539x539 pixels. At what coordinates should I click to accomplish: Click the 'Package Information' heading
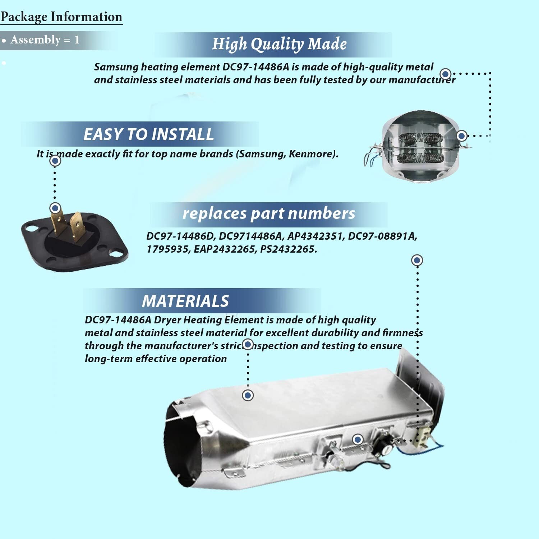click(61, 17)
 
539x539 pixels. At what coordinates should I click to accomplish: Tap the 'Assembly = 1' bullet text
click(45, 40)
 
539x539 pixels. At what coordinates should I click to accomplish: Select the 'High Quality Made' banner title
click(279, 44)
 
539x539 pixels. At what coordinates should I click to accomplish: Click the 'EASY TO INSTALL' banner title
click(148, 134)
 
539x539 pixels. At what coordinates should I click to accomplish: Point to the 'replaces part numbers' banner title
click(269, 213)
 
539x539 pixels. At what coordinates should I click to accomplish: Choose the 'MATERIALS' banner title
click(185, 301)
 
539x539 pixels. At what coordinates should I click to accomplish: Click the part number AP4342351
click(315, 236)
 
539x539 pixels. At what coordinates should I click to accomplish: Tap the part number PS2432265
click(289, 249)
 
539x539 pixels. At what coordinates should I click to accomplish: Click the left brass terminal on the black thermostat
click(57, 223)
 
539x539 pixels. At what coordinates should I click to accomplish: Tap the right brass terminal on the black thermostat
click(77, 228)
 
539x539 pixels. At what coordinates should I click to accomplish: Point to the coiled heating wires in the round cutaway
click(420, 147)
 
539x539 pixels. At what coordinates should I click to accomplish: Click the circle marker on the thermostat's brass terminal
click(55, 208)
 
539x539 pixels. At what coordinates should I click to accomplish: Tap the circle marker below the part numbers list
click(417, 260)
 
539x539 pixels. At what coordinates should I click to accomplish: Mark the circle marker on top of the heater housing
click(248, 395)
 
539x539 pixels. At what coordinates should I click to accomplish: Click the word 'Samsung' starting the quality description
click(116, 67)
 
